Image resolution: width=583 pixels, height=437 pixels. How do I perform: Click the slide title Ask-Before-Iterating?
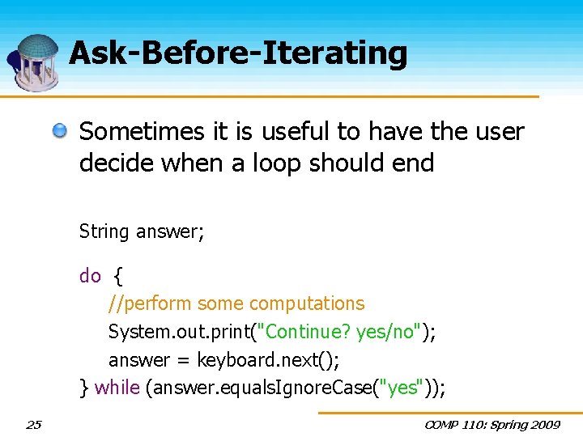point(238,53)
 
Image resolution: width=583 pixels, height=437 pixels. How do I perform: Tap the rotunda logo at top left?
point(34,62)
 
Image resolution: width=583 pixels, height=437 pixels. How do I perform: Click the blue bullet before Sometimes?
point(60,130)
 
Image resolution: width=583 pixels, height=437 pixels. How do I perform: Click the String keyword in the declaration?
point(104,232)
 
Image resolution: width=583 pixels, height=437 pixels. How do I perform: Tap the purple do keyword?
point(90,276)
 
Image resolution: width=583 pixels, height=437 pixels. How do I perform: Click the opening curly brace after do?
point(118,276)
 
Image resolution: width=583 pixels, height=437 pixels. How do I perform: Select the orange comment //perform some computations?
point(236,303)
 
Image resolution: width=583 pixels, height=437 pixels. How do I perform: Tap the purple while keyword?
point(117,388)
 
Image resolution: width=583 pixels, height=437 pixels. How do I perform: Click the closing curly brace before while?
point(83,388)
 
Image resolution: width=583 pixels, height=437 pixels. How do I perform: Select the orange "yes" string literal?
point(402,388)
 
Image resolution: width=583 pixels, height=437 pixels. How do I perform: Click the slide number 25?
point(33,424)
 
